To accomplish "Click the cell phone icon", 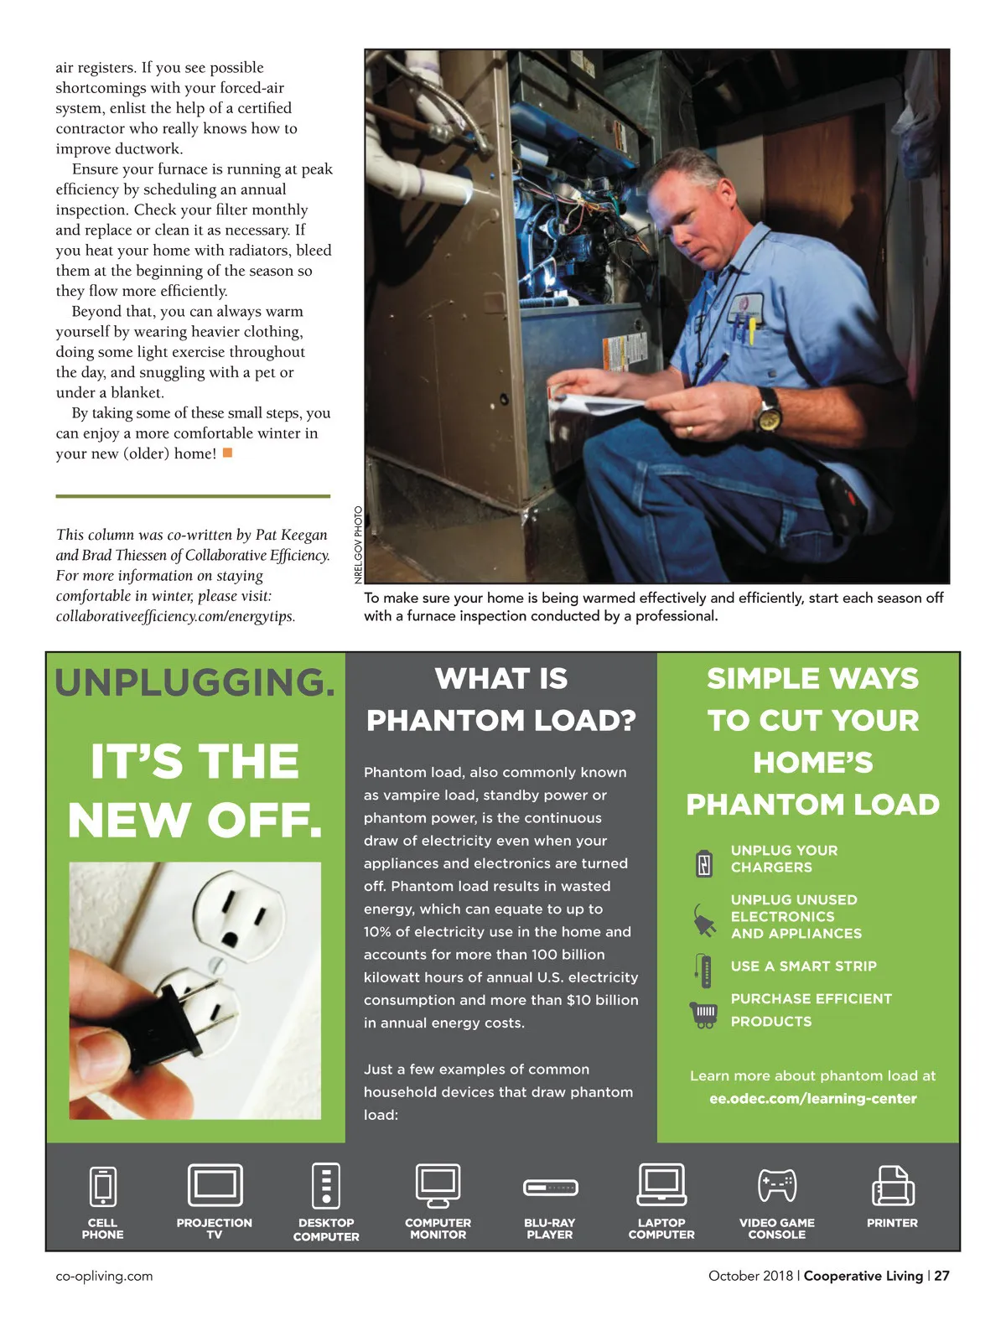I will click(x=102, y=1186).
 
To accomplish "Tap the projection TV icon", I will click(x=215, y=1185).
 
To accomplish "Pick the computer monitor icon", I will click(x=438, y=1185).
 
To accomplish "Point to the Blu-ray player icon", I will click(x=550, y=1188).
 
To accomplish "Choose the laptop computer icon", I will click(x=661, y=1185).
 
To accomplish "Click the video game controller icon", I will click(x=776, y=1185).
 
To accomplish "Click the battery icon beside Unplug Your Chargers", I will click(x=704, y=862).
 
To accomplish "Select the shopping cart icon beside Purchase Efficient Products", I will click(x=704, y=1014).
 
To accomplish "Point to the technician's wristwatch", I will click(x=767, y=409).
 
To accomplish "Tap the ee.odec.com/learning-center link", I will click(x=812, y=1098).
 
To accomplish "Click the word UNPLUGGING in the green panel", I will click(x=194, y=682).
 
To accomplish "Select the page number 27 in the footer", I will click(x=941, y=1276).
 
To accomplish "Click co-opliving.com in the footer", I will click(x=104, y=1276).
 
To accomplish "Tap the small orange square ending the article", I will click(x=227, y=453).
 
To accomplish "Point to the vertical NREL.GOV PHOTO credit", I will click(x=358, y=545).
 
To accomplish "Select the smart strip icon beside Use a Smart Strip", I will click(x=705, y=971).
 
